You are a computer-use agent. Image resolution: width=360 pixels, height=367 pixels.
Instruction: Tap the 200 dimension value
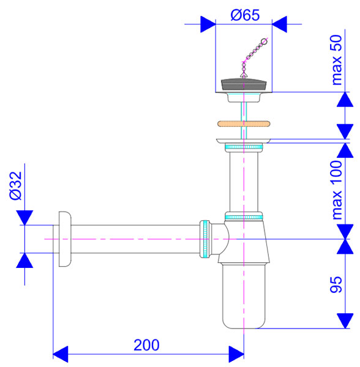point(146,344)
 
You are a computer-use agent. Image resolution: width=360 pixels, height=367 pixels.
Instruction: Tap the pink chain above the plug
point(253,55)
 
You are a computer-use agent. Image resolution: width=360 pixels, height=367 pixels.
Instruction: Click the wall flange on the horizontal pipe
point(64,239)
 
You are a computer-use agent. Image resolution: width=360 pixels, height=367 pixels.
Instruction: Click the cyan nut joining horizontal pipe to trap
point(205,239)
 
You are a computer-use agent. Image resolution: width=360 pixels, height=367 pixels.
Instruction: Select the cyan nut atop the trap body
point(244,216)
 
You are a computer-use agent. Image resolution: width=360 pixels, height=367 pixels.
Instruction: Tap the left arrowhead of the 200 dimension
point(60,353)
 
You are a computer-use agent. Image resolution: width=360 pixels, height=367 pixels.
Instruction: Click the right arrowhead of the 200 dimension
point(236,353)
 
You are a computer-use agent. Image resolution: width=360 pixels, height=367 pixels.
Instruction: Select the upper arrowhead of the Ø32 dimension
point(24,217)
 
